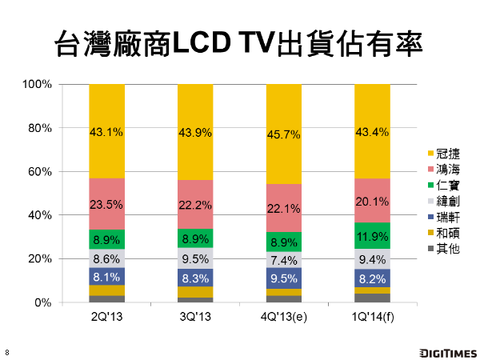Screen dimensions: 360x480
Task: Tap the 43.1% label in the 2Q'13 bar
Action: [106, 132]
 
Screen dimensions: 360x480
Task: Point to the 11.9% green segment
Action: [371, 236]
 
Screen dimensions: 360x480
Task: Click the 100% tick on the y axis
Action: [38, 84]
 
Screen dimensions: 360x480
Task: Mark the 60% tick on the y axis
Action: [40, 172]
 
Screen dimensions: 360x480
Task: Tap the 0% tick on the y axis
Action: [43, 302]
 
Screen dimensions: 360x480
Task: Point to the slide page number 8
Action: [7, 353]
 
